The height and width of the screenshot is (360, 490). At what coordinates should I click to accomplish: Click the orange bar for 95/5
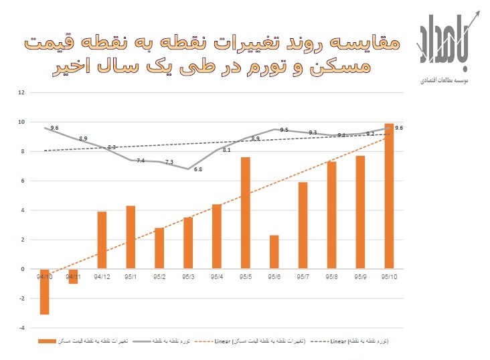tap(246, 213)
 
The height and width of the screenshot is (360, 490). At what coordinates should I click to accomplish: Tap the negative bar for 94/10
tap(44, 291)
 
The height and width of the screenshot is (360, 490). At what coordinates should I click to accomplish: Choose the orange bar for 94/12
tap(102, 240)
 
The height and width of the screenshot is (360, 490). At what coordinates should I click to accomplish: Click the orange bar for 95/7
tap(303, 225)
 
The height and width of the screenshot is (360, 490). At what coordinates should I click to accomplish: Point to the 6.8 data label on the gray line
tap(198, 170)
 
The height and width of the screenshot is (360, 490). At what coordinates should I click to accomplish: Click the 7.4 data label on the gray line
tap(140, 161)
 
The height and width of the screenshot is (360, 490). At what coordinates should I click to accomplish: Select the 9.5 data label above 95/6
tap(284, 130)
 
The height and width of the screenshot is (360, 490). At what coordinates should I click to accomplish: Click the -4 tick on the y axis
tap(21, 328)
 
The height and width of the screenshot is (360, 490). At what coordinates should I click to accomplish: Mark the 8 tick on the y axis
tap(23, 151)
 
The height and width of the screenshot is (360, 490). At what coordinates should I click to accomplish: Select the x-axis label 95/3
tap(188, 275)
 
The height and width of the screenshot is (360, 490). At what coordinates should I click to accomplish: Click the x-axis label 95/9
tap(361, 275)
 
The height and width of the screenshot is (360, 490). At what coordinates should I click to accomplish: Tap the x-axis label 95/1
tap(131, 275)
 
